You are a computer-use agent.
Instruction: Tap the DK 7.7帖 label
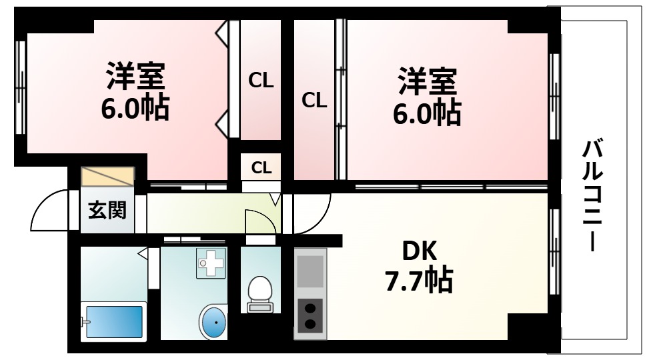[x=419, y=267]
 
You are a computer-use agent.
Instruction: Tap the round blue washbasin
[x=214, y=323]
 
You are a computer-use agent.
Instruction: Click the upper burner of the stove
[x=309, y=307]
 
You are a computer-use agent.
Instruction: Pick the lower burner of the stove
[x=309, y=324]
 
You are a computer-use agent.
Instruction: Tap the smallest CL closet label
[x=261, y=167]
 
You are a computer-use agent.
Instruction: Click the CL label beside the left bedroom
[x=261, y=81]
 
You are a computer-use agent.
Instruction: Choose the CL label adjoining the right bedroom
[x=314, y=100]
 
